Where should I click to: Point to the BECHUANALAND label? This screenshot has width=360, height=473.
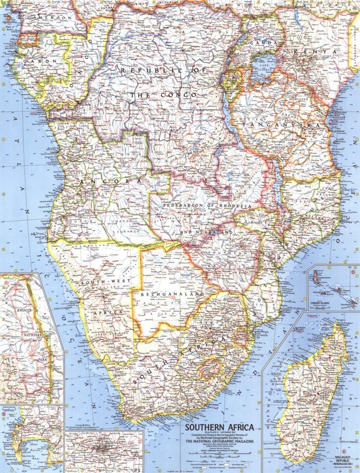point(172,293)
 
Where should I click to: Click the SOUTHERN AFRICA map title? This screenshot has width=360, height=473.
point(220,428)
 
